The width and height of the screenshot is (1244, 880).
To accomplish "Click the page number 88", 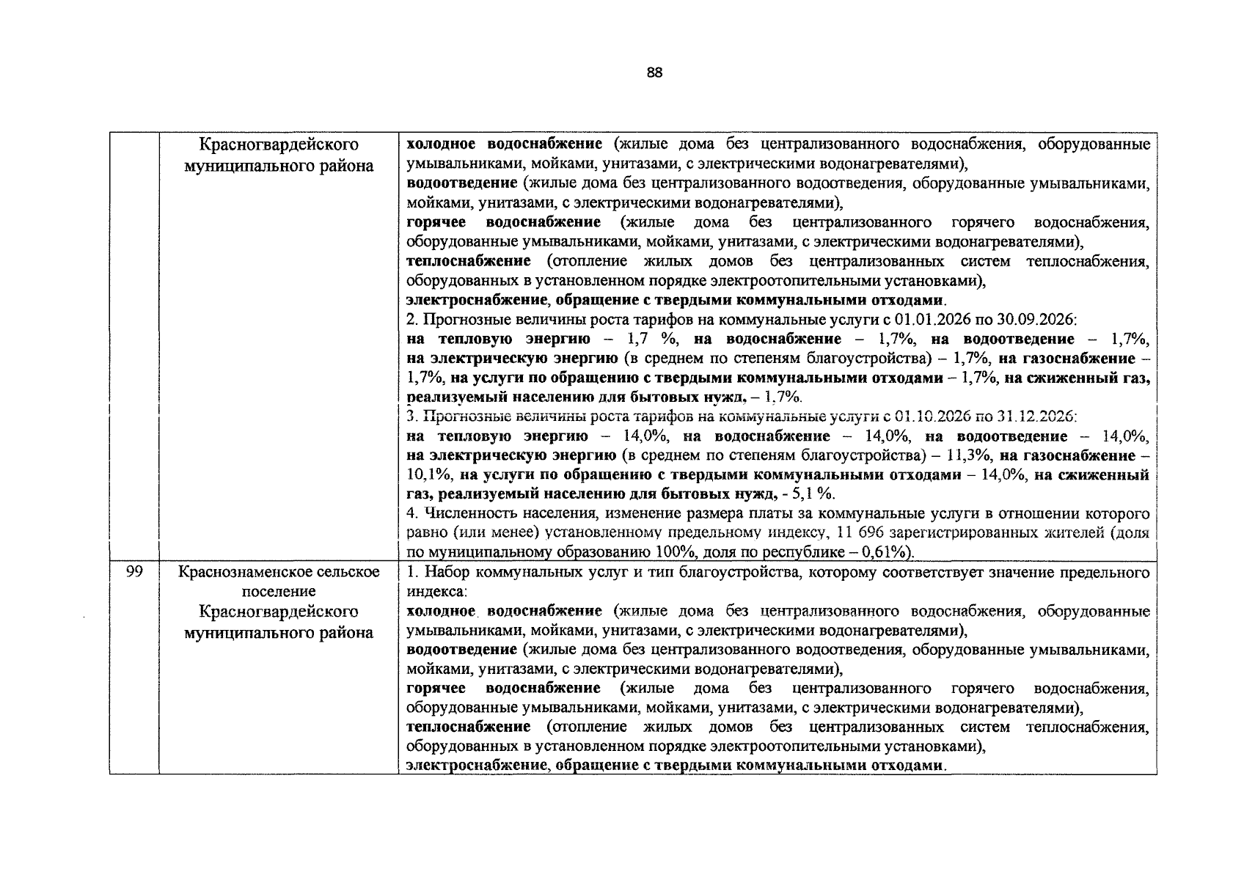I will (655, 72).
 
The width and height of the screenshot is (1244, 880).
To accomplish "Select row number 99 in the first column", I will (133, 572).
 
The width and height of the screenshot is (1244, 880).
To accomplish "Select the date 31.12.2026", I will (1041, 417).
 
